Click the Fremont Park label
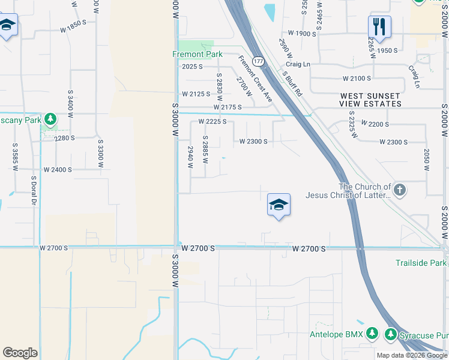tap(197, 54)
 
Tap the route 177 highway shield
tap(258, 61)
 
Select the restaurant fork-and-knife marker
tap(379, 26)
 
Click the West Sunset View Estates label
tap(370, 100)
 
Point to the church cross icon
tap(400, 191)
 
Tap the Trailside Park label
tap(421, 263)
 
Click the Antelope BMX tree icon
tap(372, 333)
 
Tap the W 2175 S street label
tap(227, 107)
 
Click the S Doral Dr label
tap(34, 190)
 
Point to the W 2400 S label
tap(58, 170)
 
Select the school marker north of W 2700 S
tap(279, 205)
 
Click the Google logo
tap(20, 353)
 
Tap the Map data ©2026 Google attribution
tap(411, 355)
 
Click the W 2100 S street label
tap(357, 79)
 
